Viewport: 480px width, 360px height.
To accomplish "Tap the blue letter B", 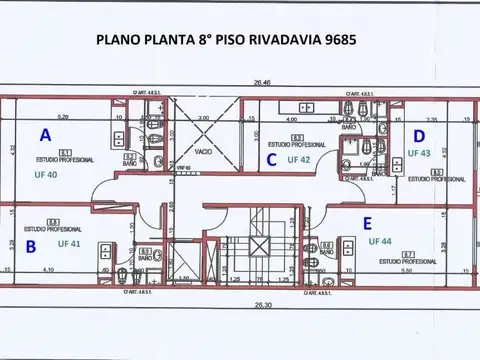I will tap(31, 245).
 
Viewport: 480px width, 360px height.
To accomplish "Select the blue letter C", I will tap(270, 158).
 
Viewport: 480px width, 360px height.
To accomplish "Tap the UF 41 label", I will tap(69, 243).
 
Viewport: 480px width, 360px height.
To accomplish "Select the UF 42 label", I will tap(299, 159).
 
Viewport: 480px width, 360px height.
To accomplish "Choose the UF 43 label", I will tap(419, 153).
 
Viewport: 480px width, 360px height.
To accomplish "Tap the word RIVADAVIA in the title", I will tap(267, 42).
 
